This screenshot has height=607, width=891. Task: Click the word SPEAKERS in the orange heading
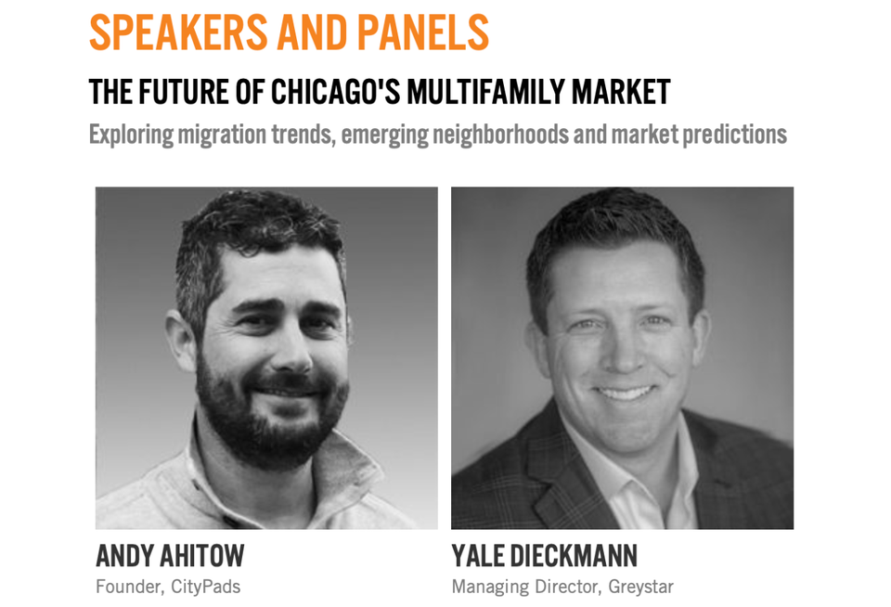178,32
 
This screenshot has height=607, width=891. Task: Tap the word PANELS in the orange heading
423,32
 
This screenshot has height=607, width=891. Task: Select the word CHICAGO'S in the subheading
335,92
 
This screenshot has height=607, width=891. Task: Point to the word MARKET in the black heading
621,92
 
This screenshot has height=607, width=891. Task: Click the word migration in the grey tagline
222,136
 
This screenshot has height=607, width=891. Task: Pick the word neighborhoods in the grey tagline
500,135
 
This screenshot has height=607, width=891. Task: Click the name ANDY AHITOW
170,556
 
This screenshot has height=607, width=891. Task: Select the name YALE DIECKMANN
545,556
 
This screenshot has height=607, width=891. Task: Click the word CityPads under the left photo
206,587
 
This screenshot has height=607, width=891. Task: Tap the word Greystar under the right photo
641,587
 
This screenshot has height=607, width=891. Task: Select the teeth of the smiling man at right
624,393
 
